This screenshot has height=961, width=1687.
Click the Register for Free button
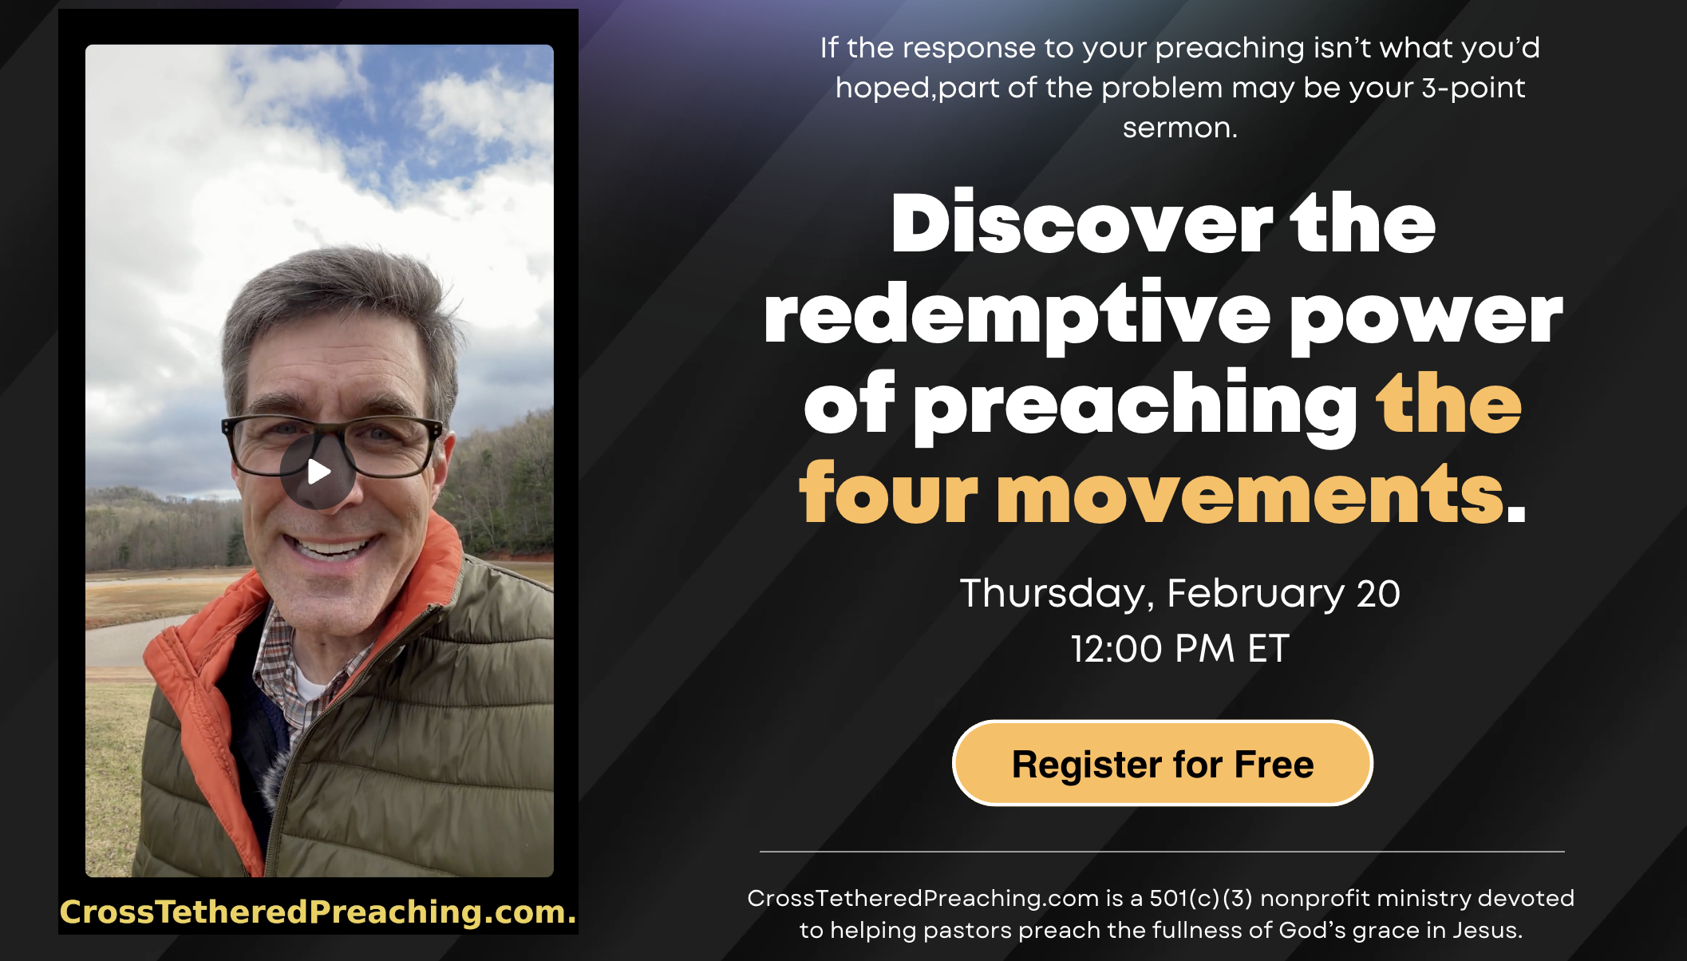(1162, 764)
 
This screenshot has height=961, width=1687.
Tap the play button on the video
(318, 472)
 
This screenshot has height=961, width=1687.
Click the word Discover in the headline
(1081, 225)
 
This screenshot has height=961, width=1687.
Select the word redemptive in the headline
(1016, 316)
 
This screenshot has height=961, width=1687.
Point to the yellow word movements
(1250, 495)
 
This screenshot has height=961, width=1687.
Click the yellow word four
(887, 495)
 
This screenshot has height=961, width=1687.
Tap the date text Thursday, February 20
(1179, 594)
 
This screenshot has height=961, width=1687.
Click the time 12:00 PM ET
(1179, 649)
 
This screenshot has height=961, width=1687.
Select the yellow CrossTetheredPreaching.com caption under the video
(318, 912)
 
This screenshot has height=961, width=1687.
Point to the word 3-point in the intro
(1473, 88)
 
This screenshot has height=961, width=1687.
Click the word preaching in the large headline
(1136, 405)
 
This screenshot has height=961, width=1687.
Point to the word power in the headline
(1425, 316)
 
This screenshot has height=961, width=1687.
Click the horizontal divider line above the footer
(1161, 852)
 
